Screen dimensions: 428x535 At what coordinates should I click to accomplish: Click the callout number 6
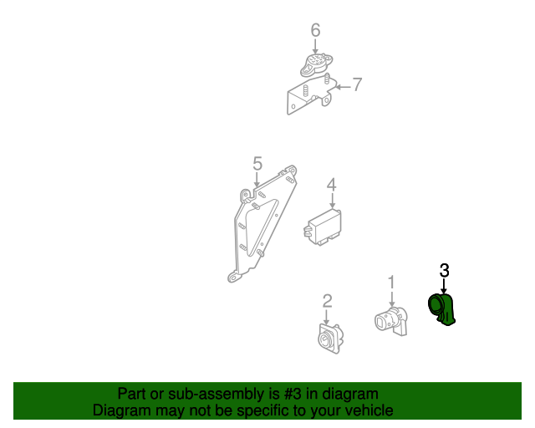click(x=315, y=31)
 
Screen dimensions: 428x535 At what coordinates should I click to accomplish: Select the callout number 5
click(x=257, y=163)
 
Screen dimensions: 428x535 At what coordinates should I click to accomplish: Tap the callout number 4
click(x=331, y=185)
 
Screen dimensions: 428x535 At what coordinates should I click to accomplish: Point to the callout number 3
click(x=444, y=270)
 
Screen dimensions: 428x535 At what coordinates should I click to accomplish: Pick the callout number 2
click(x=328, y=300)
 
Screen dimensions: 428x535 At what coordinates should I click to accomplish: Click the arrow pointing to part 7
click(x=339, y=84)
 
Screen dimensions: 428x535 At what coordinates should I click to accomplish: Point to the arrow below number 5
click(x=257, y=180)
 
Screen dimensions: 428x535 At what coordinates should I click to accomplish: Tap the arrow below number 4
click(x=331, y=201)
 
